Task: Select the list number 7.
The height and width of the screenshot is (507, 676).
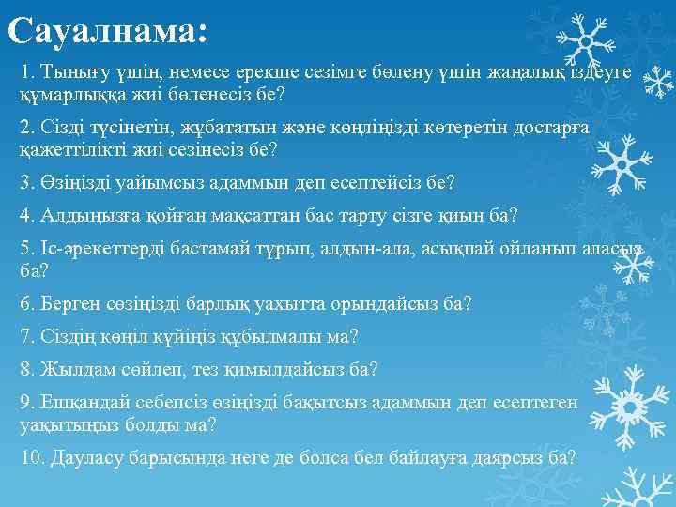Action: click(25, 336)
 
